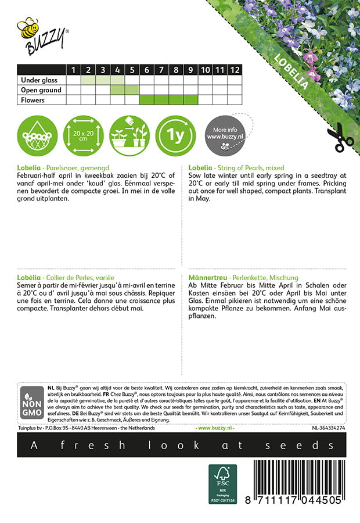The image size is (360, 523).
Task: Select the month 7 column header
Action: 161,70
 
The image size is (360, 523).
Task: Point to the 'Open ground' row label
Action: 41,90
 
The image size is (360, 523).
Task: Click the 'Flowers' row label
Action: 34,100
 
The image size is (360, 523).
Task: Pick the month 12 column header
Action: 233,70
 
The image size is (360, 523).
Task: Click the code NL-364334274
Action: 323,428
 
